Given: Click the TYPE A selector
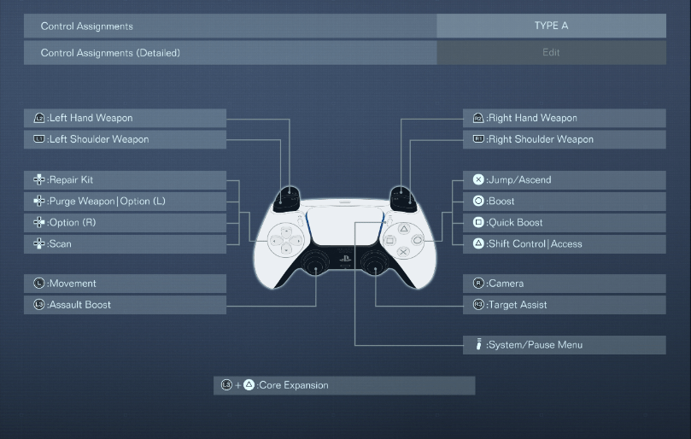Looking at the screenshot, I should click(x=551, y=26).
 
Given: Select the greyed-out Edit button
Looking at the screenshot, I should click(x=551, y=53).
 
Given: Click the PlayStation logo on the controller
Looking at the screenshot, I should click(x=346, y=257).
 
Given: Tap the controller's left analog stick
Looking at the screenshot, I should click(x=316, y=264).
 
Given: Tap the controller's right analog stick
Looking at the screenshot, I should click(x=375, y=264).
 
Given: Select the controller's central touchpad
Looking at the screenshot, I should click(x=346, y=225).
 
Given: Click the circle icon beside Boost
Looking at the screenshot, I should click(x=478, y=202).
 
